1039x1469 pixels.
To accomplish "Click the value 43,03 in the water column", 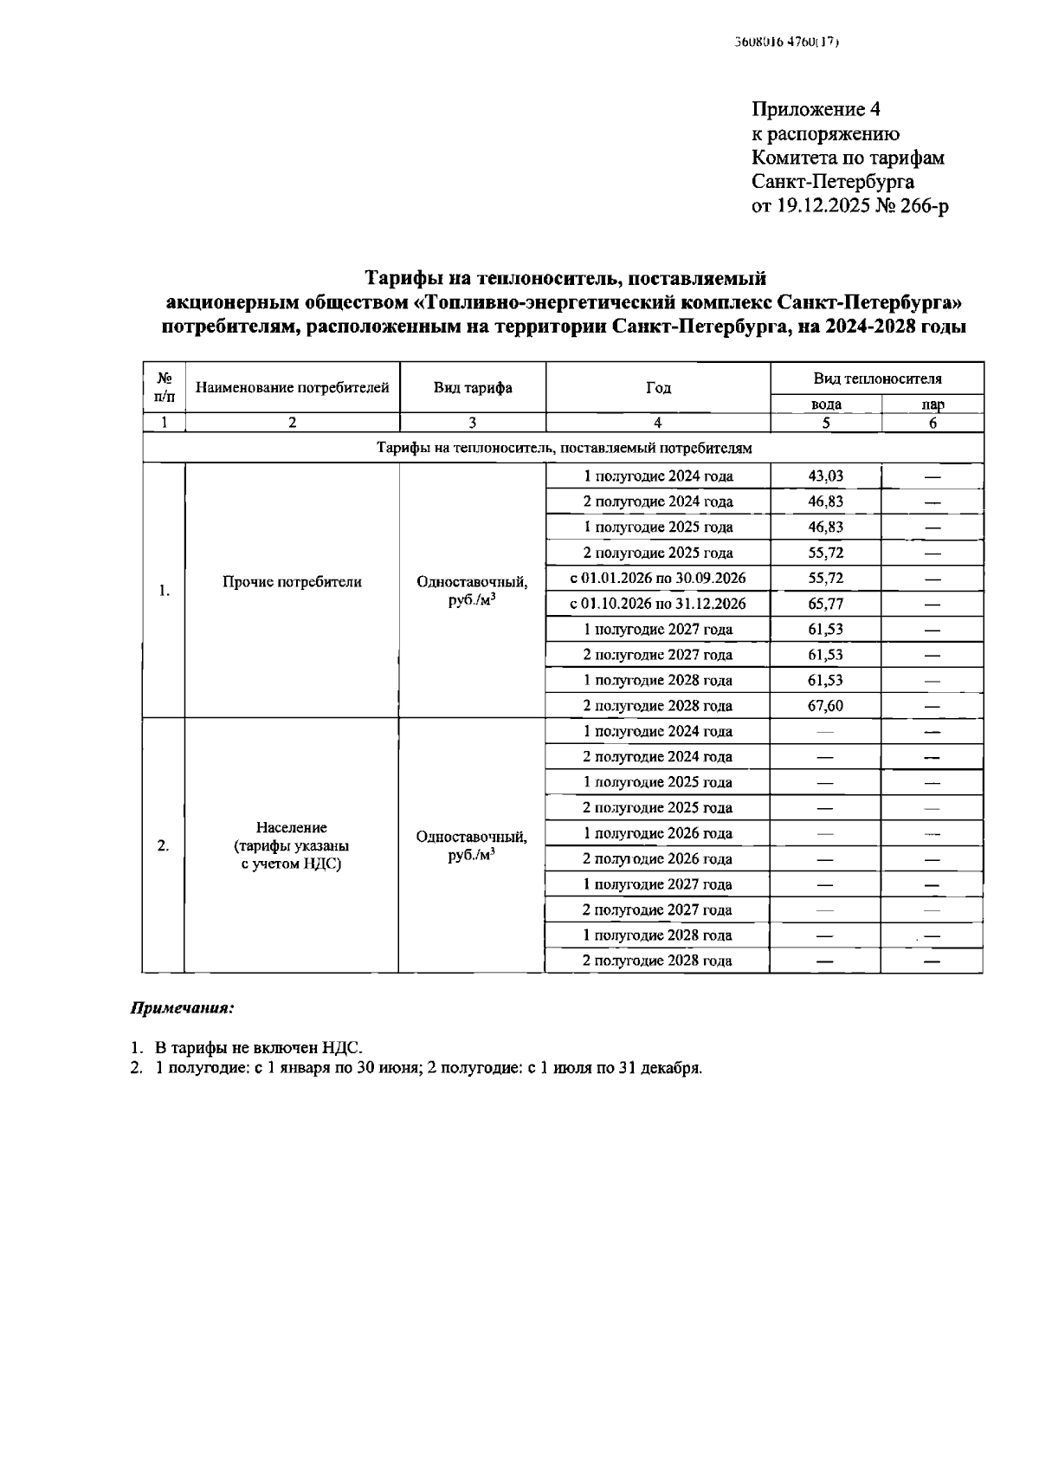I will [x=825, y=476].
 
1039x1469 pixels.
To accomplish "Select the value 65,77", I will [x=825, y=604].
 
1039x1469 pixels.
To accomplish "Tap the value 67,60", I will [x=825, y=706].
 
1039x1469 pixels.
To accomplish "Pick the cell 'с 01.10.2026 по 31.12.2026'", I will [x=658, y=604].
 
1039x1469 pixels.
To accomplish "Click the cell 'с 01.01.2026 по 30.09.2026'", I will [x=658, y=578].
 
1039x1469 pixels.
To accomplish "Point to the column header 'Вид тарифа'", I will [x=473, y=388].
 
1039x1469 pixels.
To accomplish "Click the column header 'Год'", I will [x=658, y=388].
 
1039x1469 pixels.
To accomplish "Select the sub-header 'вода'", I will [x=825, y=404].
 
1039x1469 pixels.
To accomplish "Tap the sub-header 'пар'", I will [x=933, y=404].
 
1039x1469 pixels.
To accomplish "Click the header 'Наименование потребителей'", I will [x=293, y=388].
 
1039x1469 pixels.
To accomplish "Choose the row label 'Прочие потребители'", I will [x=293, y=582].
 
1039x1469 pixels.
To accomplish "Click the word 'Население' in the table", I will [x=292, y=828].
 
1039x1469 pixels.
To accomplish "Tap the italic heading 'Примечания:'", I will [x=183, y=1009].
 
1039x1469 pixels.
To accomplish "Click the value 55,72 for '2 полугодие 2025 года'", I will [x=825, y=553].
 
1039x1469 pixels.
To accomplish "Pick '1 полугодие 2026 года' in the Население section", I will [x=658, y=833].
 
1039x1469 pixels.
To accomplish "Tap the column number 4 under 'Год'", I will [x=658, y=423].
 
